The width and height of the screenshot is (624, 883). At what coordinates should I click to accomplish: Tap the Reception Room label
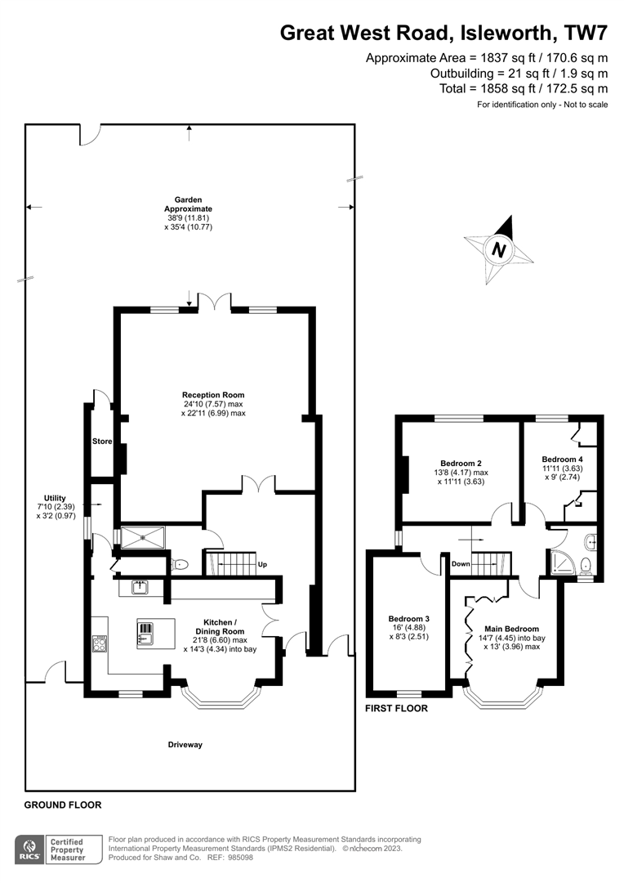click(213, 395)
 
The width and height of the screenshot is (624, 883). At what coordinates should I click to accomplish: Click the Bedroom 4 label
click(562, 459)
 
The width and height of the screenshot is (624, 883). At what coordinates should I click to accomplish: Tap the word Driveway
click(185, 745)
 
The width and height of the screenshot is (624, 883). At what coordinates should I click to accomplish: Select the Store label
click(102, 441)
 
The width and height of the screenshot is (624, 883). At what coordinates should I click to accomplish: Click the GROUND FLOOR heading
click(63, 805)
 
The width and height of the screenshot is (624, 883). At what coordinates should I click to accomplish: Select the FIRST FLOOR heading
click(395, 709)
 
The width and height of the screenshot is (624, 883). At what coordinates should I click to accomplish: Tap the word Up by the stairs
click(261, 565)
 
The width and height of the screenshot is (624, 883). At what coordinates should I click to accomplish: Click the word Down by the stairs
click(460, 564)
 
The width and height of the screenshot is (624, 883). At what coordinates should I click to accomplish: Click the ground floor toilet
click(180, 564)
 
